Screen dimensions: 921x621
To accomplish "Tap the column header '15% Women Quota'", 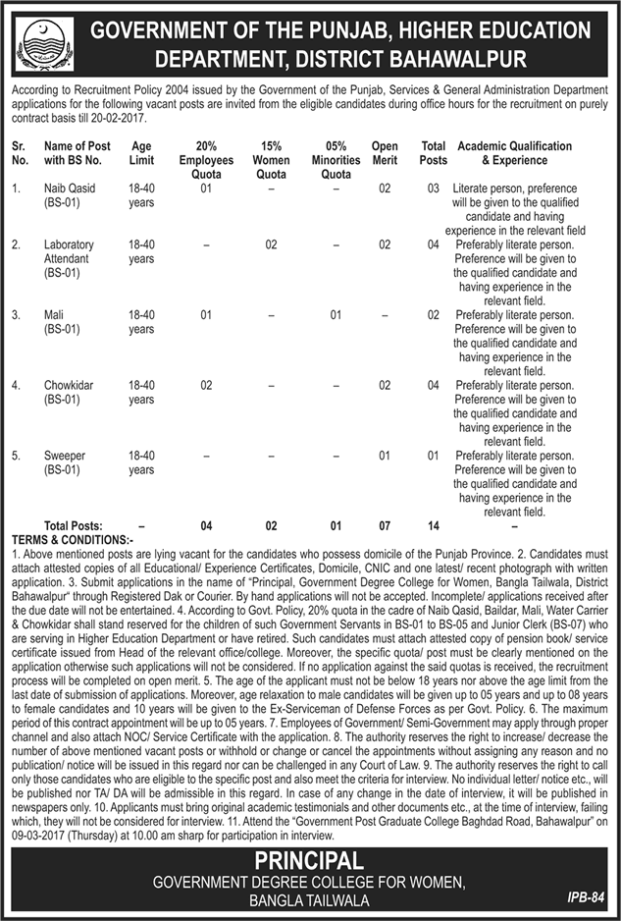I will tap(272, 153).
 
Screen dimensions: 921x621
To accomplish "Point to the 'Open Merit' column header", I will tap(385, 153).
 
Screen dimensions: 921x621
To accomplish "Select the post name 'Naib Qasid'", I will tap(68, 187).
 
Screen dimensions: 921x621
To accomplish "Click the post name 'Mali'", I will tap(55, 315).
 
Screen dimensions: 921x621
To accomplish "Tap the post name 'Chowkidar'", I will tap(68, 386).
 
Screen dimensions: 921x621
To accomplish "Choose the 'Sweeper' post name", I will tap(64, 456).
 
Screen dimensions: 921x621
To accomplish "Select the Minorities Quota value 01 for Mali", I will tap(336, 315).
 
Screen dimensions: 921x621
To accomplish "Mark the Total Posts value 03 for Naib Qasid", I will tap(433, 187).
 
